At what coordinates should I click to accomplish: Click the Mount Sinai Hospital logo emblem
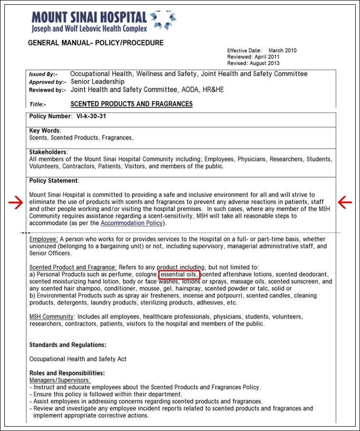[x=162, y=20]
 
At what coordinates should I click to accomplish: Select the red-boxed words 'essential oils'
[x=178, y=275]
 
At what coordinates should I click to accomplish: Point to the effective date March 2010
[x=282, y=51]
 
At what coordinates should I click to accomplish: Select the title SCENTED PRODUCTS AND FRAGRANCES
[x=131, y=104]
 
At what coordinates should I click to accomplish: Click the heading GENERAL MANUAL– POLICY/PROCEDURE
[x=96, y=43]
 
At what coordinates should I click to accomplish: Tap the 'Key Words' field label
[x=44, y=131]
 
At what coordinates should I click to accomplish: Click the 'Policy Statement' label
[x=53, y=181]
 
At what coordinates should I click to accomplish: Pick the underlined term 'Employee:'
[x=43, y=239]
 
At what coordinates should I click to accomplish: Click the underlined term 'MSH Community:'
[x=52, y=317]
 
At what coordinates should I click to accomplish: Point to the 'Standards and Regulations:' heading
[x=67, y=345]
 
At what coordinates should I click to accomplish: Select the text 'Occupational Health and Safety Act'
[x=78, y=359]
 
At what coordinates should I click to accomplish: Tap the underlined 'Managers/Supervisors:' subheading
[x=59, y=380]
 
